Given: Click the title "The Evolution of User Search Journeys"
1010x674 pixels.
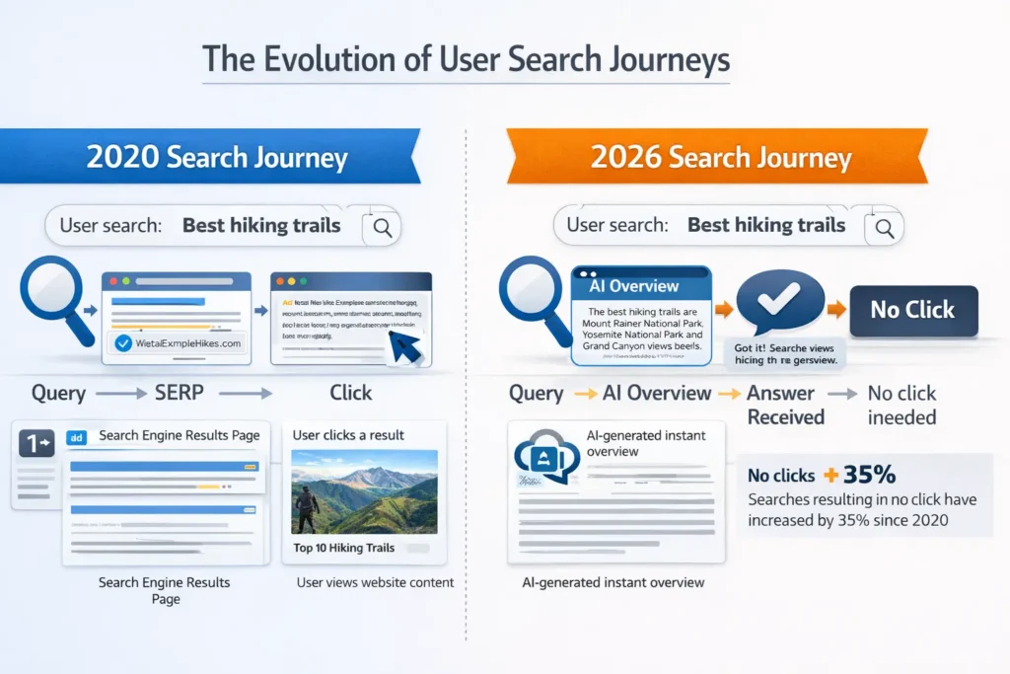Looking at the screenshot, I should click(466, 60).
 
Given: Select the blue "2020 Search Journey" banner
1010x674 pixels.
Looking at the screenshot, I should click(217, 157).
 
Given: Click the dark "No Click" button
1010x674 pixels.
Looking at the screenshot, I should click(912, 310).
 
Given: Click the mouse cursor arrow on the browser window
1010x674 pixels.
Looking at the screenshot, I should click(406, 347).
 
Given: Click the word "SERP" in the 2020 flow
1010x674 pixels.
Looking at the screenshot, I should click(180, 393).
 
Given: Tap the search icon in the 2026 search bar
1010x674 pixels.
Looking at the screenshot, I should click(884, 228).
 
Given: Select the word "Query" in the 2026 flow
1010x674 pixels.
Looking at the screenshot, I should click(536, 393).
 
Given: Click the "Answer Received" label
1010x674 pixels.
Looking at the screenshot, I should click(785, 405).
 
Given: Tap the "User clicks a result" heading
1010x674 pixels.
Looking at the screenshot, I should click(349, 434).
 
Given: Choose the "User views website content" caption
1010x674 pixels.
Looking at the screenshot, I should click(375, 582).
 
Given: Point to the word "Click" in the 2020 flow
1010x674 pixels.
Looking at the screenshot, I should click(351, 393).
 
